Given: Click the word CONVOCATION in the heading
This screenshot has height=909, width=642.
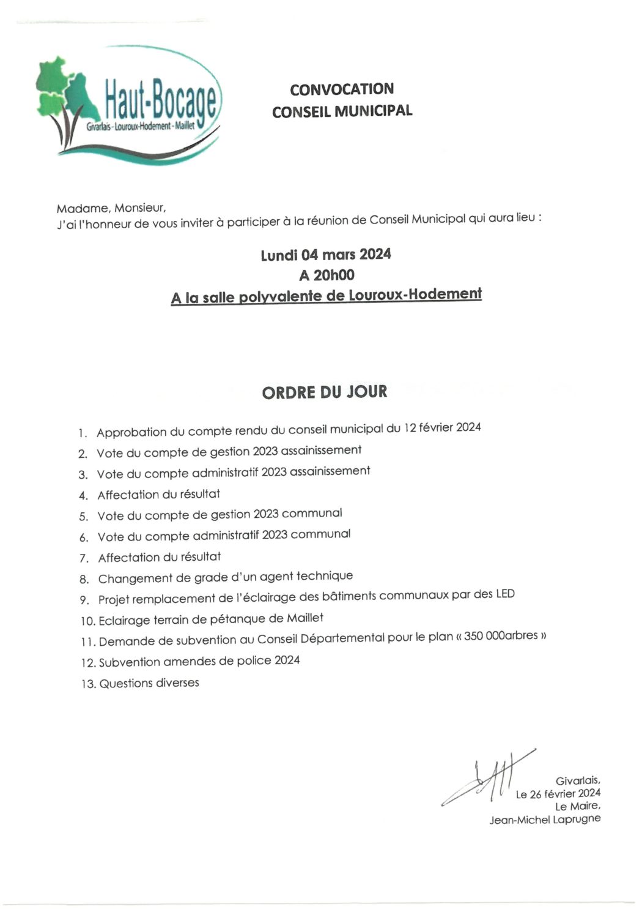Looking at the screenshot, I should coord(342,89).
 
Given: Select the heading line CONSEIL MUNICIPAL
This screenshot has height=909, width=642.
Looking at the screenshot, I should coord(342,111).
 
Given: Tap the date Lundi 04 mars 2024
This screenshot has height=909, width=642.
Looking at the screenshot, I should coord(326,255).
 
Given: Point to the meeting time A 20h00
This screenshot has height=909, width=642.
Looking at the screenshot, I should coord(326,275).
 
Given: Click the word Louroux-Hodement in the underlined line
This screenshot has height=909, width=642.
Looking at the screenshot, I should coord(415,294).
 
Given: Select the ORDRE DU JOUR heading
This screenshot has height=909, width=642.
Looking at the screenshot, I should coord(325,392).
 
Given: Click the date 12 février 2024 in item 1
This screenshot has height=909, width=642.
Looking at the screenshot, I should coord(442,427).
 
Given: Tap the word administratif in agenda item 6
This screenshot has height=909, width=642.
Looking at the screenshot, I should coord(222,536).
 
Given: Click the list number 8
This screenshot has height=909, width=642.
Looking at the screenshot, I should coord(84,579).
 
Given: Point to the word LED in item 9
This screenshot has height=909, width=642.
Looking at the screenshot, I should coord(505,594).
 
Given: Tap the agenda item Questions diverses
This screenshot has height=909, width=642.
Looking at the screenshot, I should coord(149,683).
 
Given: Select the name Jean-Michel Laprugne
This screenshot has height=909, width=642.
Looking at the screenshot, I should coord(545,819).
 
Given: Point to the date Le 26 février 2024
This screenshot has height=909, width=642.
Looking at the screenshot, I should coord(558,794).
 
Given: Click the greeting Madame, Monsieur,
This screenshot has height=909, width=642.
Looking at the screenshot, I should coord(111,208).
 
